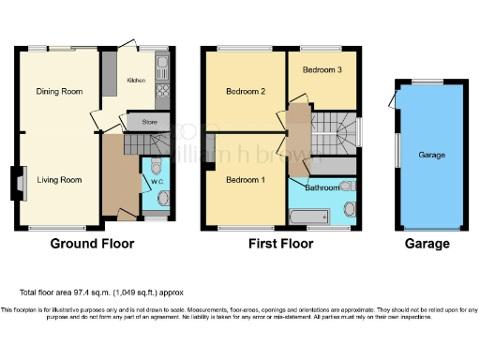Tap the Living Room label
tap(58, 180)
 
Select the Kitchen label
tap(137, 81)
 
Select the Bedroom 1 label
tap(243, 180)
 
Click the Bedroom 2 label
tap(243, 91)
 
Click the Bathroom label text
tap(323, 187)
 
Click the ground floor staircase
tap(131, 143)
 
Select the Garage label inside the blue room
tap(430, 155)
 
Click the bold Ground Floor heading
tap(91, 244)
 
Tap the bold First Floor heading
tap(278, 244)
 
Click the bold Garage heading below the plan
tap(427, 244)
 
